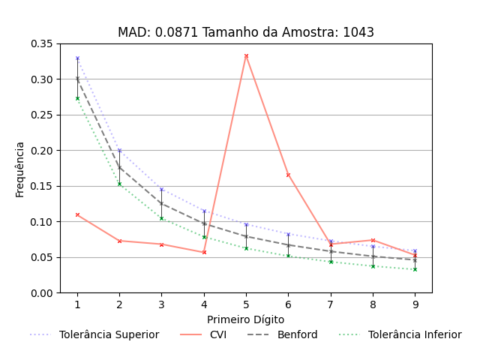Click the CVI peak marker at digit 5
coord(246,55)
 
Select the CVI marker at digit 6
coord(288,175)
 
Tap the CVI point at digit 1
coord(77,214)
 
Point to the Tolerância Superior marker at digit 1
coord(77,58)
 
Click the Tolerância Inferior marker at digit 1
coord(77,98)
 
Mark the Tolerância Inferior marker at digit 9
coord(415,269)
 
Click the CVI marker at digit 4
coord(204,252)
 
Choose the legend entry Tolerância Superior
coord(109,334)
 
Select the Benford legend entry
coord(297,334)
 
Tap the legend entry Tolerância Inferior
coord(415,334)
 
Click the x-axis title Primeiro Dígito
coord(246,319)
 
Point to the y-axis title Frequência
coord(20,169)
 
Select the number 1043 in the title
coord(358,32)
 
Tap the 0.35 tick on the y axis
coord(42,43)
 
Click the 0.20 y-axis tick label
coord(42,151)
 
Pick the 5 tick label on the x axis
coord(246,304)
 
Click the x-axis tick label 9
coord(415,304)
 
